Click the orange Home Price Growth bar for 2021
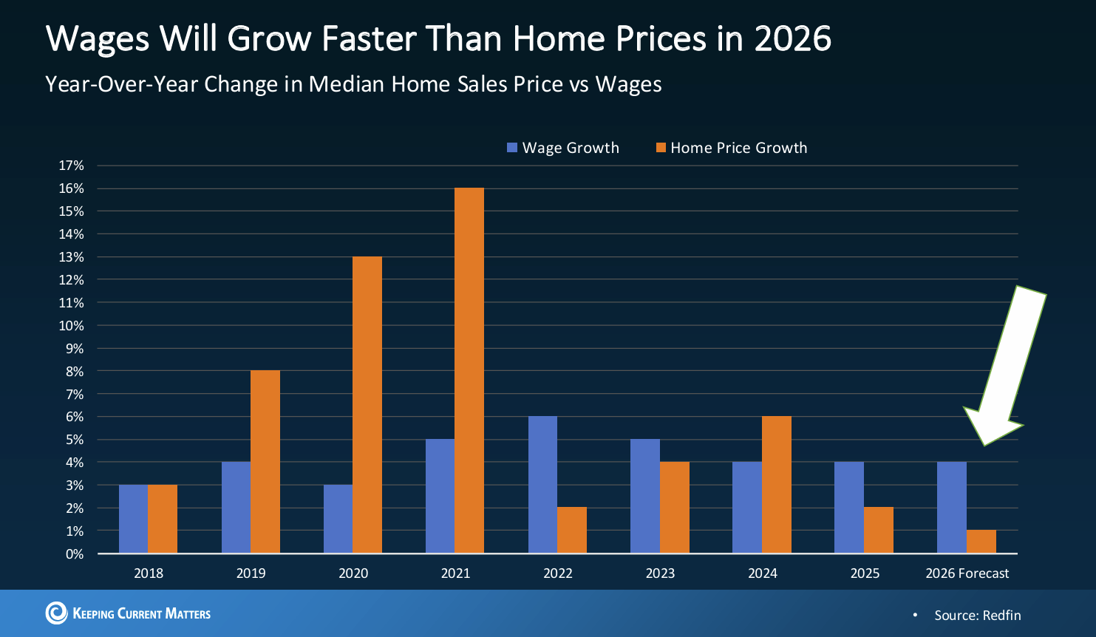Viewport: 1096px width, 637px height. coord(469,369)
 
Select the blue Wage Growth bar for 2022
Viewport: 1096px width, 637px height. coord(542,484)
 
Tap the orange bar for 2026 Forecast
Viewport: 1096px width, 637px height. coord(981,541)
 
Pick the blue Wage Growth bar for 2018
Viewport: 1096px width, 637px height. coord(133,519)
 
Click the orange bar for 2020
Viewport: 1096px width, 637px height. coord(367,404)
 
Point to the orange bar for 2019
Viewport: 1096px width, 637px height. coord(265,461)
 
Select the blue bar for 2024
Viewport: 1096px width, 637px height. coord(747,507)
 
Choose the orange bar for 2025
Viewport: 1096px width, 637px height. coord(879,530)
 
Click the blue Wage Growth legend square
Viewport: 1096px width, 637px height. coord(512,148)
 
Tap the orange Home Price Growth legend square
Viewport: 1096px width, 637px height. coord(661,148)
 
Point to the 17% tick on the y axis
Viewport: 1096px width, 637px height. coord(72,166)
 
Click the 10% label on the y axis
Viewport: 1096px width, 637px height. coord(72,325)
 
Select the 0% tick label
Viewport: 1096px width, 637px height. coord(75,553)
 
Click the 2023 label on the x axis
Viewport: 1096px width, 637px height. coord(660,573)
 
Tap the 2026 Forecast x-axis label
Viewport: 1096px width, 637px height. coord(967,573)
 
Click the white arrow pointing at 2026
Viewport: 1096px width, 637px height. coord(1007,369)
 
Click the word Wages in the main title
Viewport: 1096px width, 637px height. coord(98,38)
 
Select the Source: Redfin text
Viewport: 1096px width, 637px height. coord(977,615)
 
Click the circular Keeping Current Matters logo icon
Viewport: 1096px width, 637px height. coord(56,613)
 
